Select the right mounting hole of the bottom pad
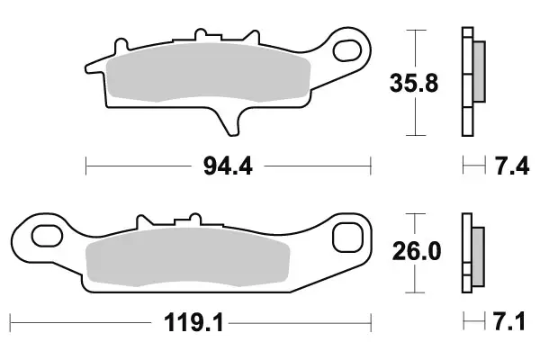[346, 238]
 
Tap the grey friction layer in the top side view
[478, 72]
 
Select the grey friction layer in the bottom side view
[477, 253]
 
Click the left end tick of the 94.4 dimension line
[85, 166]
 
